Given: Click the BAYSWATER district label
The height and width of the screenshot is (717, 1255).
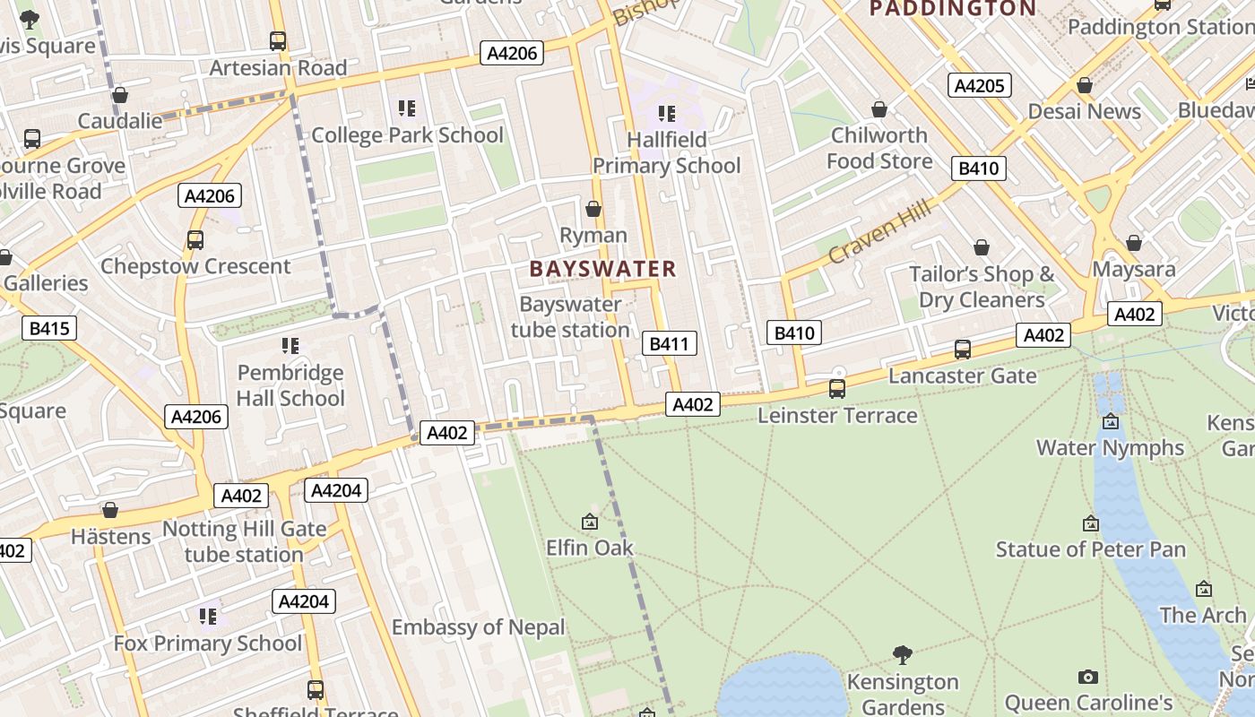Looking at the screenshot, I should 602,269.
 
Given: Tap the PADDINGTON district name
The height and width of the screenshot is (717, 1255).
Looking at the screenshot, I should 953,9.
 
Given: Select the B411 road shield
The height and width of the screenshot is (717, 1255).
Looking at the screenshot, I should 669,343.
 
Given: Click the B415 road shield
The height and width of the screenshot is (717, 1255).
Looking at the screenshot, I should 49,328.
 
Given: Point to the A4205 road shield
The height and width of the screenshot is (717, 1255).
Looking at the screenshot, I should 980,85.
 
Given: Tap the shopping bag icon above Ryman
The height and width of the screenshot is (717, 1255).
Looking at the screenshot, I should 593,209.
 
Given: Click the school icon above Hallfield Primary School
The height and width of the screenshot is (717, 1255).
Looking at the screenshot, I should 666,113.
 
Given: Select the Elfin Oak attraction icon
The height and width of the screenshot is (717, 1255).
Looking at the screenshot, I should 590,521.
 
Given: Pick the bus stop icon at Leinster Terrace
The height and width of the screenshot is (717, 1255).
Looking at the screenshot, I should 836,389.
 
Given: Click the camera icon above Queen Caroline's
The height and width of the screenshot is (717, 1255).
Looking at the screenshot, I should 1087,677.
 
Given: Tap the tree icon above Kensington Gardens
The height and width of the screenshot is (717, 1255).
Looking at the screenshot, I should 903,655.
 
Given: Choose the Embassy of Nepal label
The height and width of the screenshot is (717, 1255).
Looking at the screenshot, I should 478,627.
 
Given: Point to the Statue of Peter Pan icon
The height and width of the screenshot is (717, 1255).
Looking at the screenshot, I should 1090,523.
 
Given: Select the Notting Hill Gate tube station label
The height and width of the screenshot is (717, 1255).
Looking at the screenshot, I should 244,541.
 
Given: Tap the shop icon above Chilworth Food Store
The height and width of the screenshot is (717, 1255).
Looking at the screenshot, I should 878,109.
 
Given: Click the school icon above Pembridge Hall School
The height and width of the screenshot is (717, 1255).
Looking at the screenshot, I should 290,345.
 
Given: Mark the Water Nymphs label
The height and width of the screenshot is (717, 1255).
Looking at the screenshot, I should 1110,447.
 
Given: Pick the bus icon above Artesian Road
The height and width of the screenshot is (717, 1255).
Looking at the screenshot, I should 277,41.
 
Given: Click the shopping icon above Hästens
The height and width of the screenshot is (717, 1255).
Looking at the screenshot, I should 110,510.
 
